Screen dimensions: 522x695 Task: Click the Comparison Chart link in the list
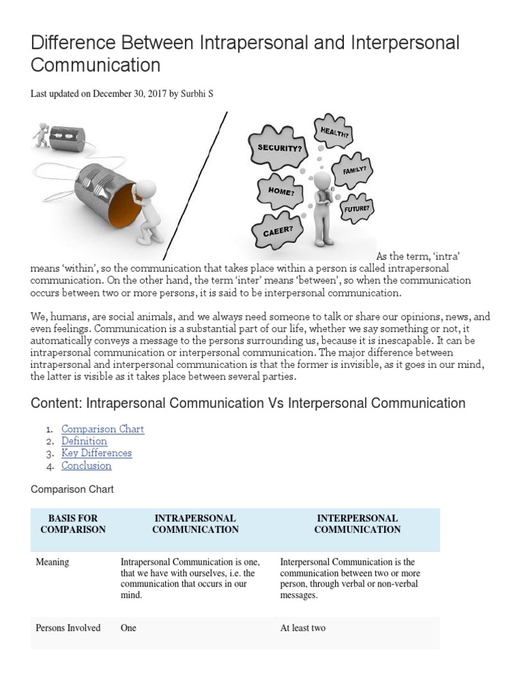point(103,429)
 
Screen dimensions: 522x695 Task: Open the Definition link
point(84,441)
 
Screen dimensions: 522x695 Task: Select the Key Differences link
point(97,453)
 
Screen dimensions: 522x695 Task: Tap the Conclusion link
point(86,466)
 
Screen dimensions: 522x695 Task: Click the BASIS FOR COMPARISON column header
point(73,524)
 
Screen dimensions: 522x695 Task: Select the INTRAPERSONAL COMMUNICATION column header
point(195,524)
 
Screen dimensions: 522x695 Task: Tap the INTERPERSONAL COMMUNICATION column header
point(358,524)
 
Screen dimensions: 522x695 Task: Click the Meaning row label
point(52,563)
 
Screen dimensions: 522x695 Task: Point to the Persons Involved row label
point(68,628)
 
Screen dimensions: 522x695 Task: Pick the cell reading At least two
point(303,628)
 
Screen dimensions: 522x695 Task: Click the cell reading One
point(128,628)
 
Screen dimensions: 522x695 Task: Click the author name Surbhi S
point(196,94)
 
